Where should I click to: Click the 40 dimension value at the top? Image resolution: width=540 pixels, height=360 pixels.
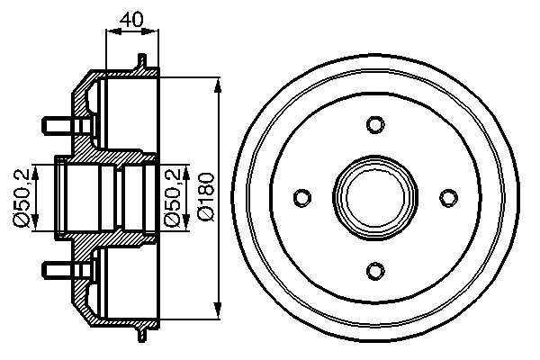tap(132, 17)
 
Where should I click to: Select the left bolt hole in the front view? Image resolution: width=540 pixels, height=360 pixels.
tap(302, 196)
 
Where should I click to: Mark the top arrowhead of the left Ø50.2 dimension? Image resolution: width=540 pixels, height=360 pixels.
tap(35, 164)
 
